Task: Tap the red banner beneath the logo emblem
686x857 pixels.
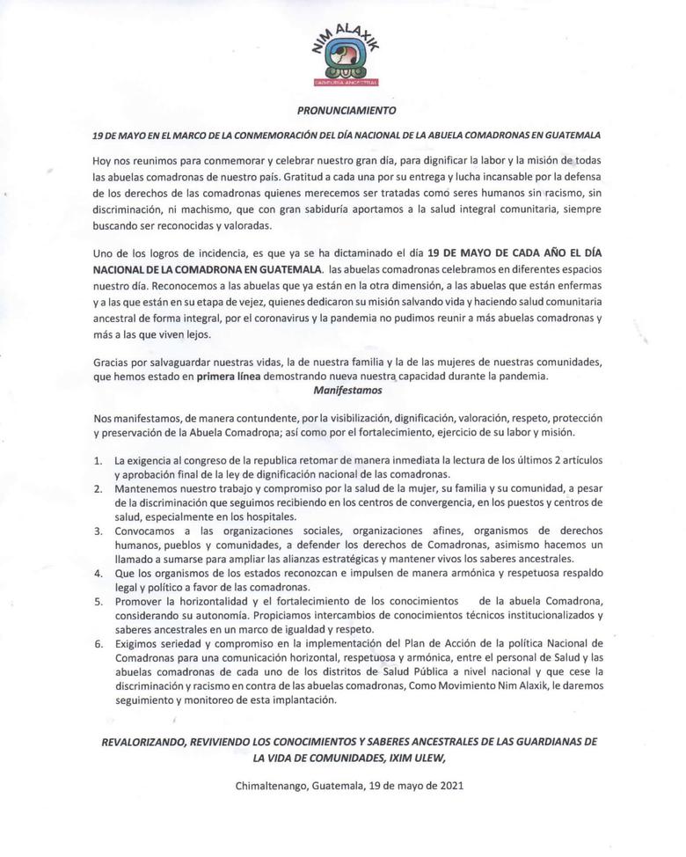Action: [x=345, y=82]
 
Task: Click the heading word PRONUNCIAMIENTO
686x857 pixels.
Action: [x=345, y=112]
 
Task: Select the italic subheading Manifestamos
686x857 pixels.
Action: [x=344, y=390]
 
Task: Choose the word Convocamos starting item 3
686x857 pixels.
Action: [x=148, y=531]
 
